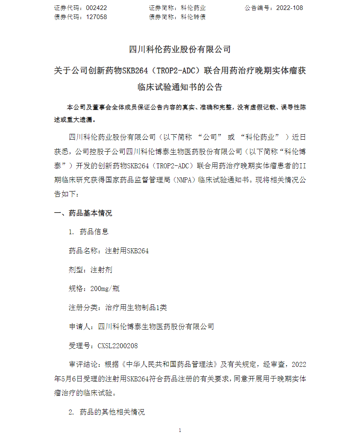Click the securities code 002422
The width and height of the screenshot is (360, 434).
point(97,8)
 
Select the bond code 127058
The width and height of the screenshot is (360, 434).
point(97,17)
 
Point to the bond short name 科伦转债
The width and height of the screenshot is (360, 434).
point(193,17)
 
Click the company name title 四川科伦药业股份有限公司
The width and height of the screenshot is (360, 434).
point(180,49)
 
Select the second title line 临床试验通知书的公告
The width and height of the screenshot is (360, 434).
point(180,87)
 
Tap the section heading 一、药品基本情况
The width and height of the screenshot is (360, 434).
point(83,213)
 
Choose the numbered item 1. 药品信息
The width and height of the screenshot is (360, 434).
point(88,232)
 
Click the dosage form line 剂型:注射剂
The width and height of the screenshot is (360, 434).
point(90,270)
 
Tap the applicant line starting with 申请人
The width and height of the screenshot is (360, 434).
point(141,326)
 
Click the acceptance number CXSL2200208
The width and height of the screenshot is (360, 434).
point(118,345)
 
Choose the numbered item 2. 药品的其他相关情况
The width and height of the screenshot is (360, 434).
point(106,412)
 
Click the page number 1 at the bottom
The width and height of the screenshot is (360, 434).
point(180,430)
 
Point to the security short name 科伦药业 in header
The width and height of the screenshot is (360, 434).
point(193,8)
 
